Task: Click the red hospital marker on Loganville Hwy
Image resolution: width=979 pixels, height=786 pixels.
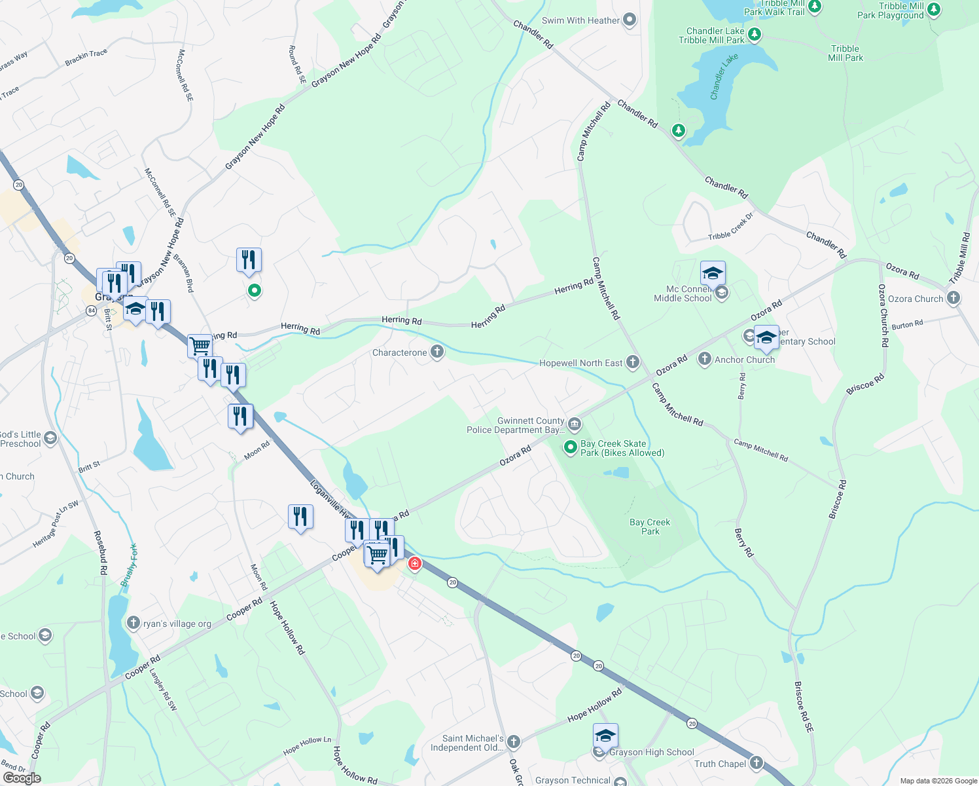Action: click(415, 563)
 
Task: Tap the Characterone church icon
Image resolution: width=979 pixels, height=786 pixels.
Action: click(437, 352)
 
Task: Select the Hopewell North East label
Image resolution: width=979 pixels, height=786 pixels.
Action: click(580, 363)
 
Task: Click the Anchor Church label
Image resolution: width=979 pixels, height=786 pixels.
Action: click(745, 360)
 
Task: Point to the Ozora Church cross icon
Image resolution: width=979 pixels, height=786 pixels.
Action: click(953, 299)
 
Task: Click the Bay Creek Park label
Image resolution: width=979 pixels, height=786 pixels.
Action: click(650, 527)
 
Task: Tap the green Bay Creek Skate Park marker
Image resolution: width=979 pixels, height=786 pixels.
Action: click(571, 447)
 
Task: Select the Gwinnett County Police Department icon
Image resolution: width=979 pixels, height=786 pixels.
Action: click(575, 424)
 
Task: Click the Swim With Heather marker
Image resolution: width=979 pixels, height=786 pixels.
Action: click(630, 20)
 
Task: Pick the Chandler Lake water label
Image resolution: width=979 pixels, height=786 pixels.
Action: click(724, 77)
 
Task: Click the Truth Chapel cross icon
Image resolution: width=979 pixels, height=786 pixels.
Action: click(756, 763)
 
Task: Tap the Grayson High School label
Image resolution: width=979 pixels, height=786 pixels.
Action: click(651, 752)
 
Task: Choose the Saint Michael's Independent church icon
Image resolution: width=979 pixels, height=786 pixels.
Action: click(514, 742)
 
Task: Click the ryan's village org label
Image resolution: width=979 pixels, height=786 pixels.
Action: click(177, 624)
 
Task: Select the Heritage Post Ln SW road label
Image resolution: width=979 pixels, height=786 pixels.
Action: click(56, 524)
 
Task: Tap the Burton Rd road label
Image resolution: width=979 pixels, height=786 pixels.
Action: click(907, 324)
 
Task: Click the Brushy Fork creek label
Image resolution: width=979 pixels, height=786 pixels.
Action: click(129, 565)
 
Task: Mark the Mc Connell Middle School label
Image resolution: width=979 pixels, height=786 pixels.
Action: click(683, 293)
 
